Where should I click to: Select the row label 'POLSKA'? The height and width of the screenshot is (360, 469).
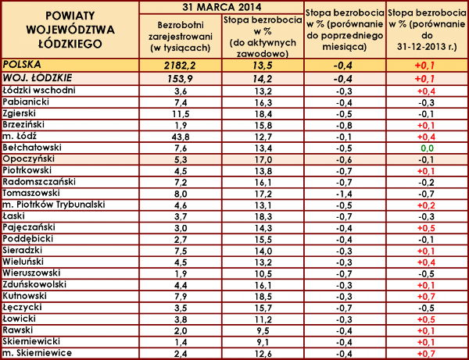(23, 66)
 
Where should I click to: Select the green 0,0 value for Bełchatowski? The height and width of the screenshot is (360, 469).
(427, 148)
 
